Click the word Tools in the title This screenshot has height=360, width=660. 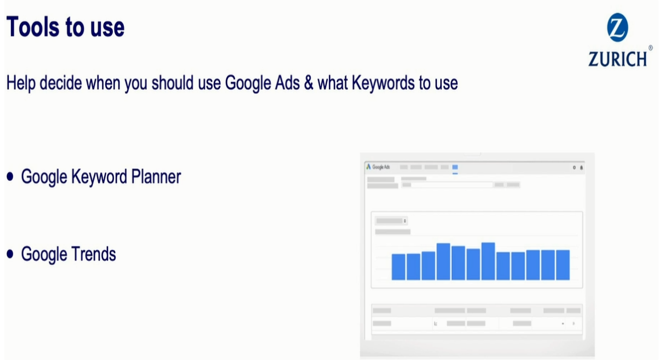(x=33, y=27)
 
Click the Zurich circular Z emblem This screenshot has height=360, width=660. (x=618, y=27)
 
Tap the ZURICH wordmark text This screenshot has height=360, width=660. (x=618, y=59)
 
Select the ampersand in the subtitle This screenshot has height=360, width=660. (x=309, y=83)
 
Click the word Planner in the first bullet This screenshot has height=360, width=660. (x=156, y=177)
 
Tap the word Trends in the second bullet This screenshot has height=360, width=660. (x=93, y=254)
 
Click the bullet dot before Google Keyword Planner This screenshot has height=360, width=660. (x=10, y=176)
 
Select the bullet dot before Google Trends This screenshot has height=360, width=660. (x=10, y=254)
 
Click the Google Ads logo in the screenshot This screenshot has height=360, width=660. (x=378, y=167)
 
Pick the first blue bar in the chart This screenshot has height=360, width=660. (x=399, y=267)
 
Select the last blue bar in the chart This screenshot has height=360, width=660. (x=563, y=265)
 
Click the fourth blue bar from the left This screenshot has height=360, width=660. (x=443, y=261)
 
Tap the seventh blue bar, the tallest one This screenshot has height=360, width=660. (x=488, y=261)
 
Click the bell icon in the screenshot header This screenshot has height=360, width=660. (x=581, y=168)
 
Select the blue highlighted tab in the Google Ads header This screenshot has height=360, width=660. (x=455, y=167)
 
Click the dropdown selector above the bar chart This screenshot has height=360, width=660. (x=391, y=221)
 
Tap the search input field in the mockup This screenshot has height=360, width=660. (x=447, y=185)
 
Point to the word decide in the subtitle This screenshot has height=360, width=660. (x=61, y=83)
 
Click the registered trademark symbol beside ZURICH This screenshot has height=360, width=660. (x=650, y=48)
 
